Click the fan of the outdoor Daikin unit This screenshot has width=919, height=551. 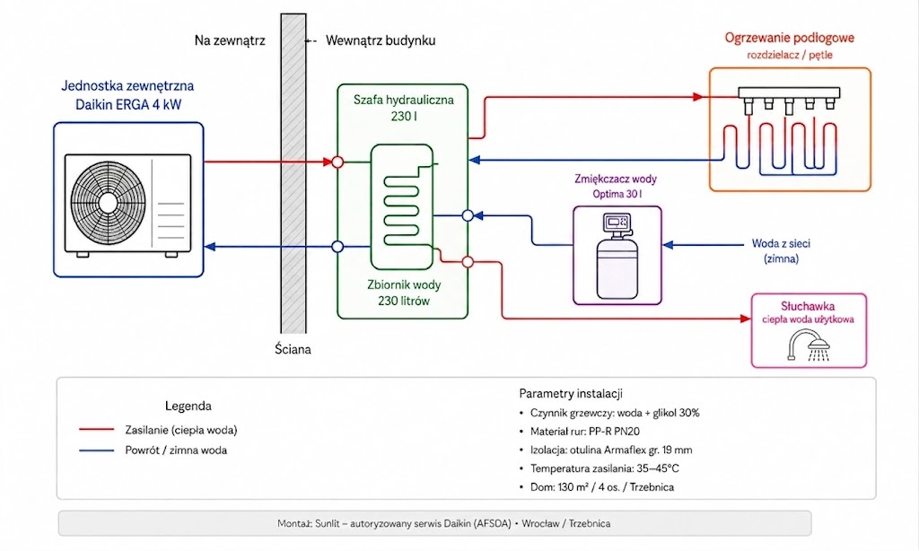point(108,202)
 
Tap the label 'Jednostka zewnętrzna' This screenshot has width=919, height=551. point(127,85)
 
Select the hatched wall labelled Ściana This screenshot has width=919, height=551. point(293,173)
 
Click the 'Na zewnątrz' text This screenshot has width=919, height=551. point(230,40)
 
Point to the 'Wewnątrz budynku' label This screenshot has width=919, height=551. point(381,40)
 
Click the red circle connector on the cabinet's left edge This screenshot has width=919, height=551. point(337,162)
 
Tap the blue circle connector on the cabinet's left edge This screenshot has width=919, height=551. point(337,247)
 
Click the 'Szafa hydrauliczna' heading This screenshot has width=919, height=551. point(404,100)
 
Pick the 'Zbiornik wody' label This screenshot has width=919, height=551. point(404,284)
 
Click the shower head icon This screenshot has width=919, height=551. point(809,345)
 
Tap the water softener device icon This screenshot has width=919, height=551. point(617,256)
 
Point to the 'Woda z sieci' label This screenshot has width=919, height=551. point(782,243)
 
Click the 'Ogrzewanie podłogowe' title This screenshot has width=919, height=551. point(790,38)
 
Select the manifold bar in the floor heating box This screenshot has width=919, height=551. point(789,92)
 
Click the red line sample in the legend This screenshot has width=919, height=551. point(97,430)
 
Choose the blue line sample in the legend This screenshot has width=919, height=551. point(97,450)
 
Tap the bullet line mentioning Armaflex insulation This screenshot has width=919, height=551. point(610,450)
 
